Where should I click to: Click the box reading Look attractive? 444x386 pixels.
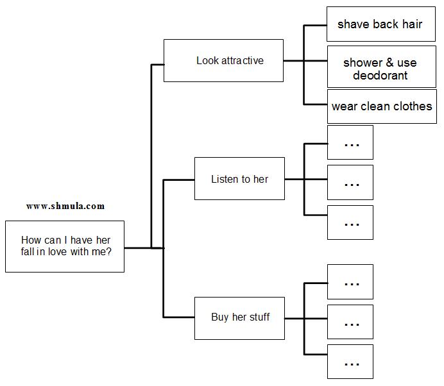click(x=223, y=60)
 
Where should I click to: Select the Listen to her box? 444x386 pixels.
click(x=239, y=179)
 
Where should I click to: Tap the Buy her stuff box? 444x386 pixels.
click(x=239, y=317)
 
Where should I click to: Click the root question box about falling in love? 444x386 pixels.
click(x=65, y=246)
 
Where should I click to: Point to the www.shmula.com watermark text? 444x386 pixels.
click(x=65, y=206)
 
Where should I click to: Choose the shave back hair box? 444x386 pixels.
click(x=380, y=24)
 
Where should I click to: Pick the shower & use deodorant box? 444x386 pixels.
click(x=380, y=67)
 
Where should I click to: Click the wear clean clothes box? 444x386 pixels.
click(x=382, y=106)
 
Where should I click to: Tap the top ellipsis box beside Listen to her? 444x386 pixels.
click(x=350, y=142)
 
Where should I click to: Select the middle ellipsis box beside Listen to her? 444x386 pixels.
click(x=350, y=182)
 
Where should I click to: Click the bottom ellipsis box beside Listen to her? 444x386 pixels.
click(x=350, y=222)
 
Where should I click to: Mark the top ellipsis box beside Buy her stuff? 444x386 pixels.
click(x=350, y=282)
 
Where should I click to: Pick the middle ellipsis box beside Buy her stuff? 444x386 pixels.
click(x=350, y=322)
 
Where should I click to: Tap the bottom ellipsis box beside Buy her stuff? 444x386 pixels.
click(x=350, y=362)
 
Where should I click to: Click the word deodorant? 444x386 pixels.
click(x=380, y=76)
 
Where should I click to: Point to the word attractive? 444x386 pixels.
click(x=243, y=61)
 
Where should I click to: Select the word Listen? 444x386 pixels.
click(x=224, y=179)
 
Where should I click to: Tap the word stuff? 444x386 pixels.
click(x=259, y=317)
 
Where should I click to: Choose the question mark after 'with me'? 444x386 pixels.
click(x=109, y=252)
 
